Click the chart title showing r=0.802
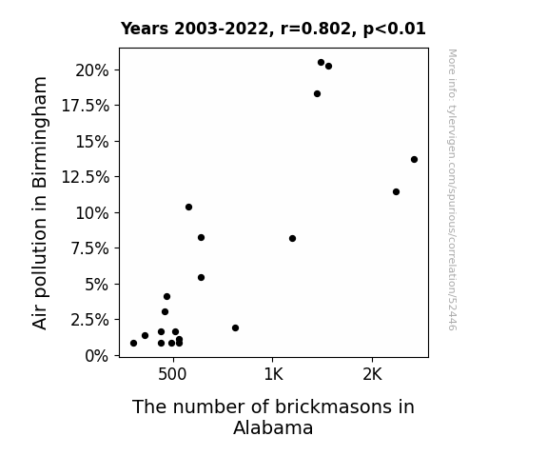click(x=273, y=29)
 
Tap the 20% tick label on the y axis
click(x=92, y=70)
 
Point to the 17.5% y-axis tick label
click(x=85, y=106)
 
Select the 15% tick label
click(x=92, y=142)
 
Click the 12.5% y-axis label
click(x=85, y=177)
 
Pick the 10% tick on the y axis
click(x=92, y=213)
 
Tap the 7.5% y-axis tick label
click(x=89, y=248)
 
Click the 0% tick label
click(x=97, y=356)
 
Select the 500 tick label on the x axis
click(x=172, y=374)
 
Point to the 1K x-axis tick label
click(x=273, y=374)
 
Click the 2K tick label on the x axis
click(x=372, y=374)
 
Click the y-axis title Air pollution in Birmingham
click(x=40, y=203)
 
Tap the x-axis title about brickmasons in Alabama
click(x=273, y=417)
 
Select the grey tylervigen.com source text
click(x=452, y=189)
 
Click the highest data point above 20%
click(x=321, y=63)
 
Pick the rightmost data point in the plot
click(x=414, y=160)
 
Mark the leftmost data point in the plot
click(x=133, y=344)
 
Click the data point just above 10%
click(x=188, y=208)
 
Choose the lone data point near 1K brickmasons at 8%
click(x=293, y=239)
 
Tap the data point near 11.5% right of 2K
click(x=396, y=191)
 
